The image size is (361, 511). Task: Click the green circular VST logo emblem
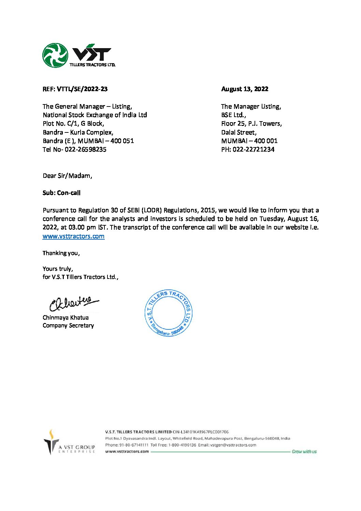[x=55, y=55]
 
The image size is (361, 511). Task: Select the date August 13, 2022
[x=245, y=89]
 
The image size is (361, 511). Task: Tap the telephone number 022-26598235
[x=85, y=150]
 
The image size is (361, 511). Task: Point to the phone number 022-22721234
[x=254, y=150]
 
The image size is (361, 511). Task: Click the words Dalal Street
[x=239, y=132]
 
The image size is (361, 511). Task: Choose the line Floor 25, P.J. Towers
[x=251, y=124]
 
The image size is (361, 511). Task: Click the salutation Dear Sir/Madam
[x=67, y=176]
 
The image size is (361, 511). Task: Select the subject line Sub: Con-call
[x=61, y=193]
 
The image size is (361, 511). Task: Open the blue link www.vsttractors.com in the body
[x=73, y=236]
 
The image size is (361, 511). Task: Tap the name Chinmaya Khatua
[x=66, y=317]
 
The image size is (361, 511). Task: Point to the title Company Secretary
[x=68, y=326]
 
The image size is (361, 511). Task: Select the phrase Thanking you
[x=61, y=253]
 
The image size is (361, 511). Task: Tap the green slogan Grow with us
[x=304, y=452]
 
